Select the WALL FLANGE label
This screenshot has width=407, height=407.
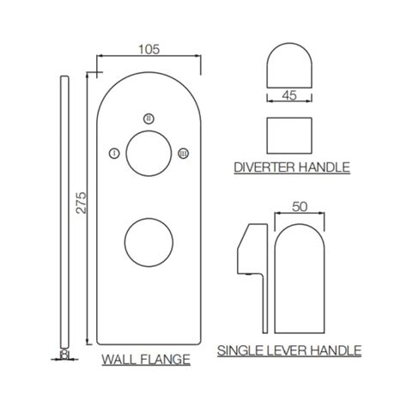[x=146, y=359]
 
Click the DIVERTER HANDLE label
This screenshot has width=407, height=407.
[x=292, y=167]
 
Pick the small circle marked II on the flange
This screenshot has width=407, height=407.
[x=149, y=118]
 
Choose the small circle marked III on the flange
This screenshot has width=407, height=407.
[x=182, y=153]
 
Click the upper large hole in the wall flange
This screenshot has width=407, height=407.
[x=148, y=154]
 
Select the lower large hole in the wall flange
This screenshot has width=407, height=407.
[x=148, y=243]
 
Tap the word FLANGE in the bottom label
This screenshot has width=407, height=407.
[x=167, y=359]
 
